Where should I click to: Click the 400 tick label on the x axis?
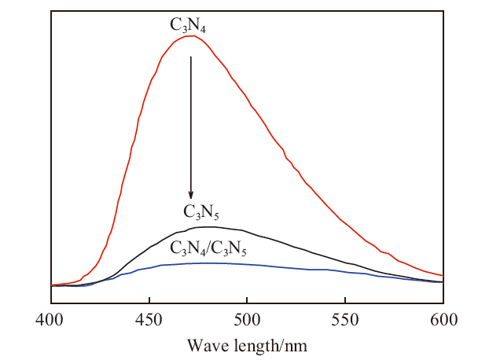click(x=50, y=320)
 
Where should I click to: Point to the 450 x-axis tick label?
click(x=149, y=320)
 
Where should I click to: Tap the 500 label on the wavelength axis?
click(x=247, y=320)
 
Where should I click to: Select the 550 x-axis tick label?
click(x=345, y=320)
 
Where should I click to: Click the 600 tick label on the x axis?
click(x=444, y=320)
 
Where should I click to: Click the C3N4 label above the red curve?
click(x=188, y=24)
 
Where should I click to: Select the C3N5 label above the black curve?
click(x=201, y=211)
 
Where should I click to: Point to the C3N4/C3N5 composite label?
click(x=208, y=248)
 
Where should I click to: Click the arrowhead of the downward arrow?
click(x=191, y=195)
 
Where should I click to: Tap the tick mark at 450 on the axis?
click(x=149, y=300)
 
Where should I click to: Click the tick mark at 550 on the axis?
click(x=345, y=300)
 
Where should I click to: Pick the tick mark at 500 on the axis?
click(x=247, y=300)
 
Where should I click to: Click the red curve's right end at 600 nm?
click(x=443, y=275)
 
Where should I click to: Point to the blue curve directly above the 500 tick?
click(x=247, y=264)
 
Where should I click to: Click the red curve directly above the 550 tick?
click(x=345, y=222)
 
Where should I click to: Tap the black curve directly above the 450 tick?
click(x=149, y=246)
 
